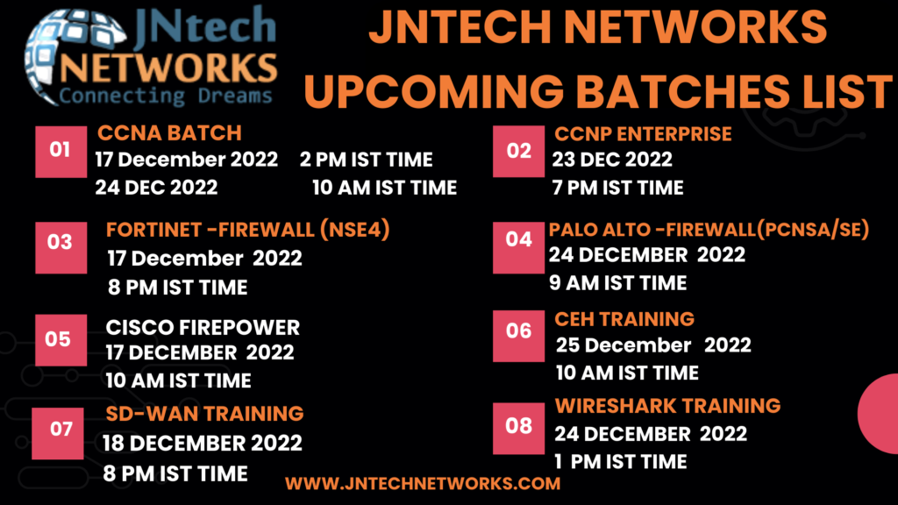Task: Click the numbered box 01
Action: [x=61, y=152]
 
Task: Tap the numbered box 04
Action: [x=519, y=247]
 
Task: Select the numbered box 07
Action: [x=58, y=433]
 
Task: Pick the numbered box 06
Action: [x=519, y=336]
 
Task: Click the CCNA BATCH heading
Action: [x=169, y=133]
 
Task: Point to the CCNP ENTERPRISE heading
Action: [x=643, y=134]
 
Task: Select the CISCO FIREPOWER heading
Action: [x=203, y=328]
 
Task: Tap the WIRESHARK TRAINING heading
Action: [x=667, y=406]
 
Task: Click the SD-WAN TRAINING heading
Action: [x=205, y=414]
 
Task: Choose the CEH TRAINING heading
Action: [x=624, y=319]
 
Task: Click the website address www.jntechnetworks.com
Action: [x=423, y=484]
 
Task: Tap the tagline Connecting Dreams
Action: [x=166, y=96]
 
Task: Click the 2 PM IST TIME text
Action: [x=367, y=160]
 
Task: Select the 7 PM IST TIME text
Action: [x=618, y=188]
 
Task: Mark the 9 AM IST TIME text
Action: [x=618, y=283]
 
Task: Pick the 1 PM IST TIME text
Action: [x=621, y=462]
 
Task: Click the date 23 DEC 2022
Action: [x=612, y=160]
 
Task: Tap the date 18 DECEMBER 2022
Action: [x=203, y=443]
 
